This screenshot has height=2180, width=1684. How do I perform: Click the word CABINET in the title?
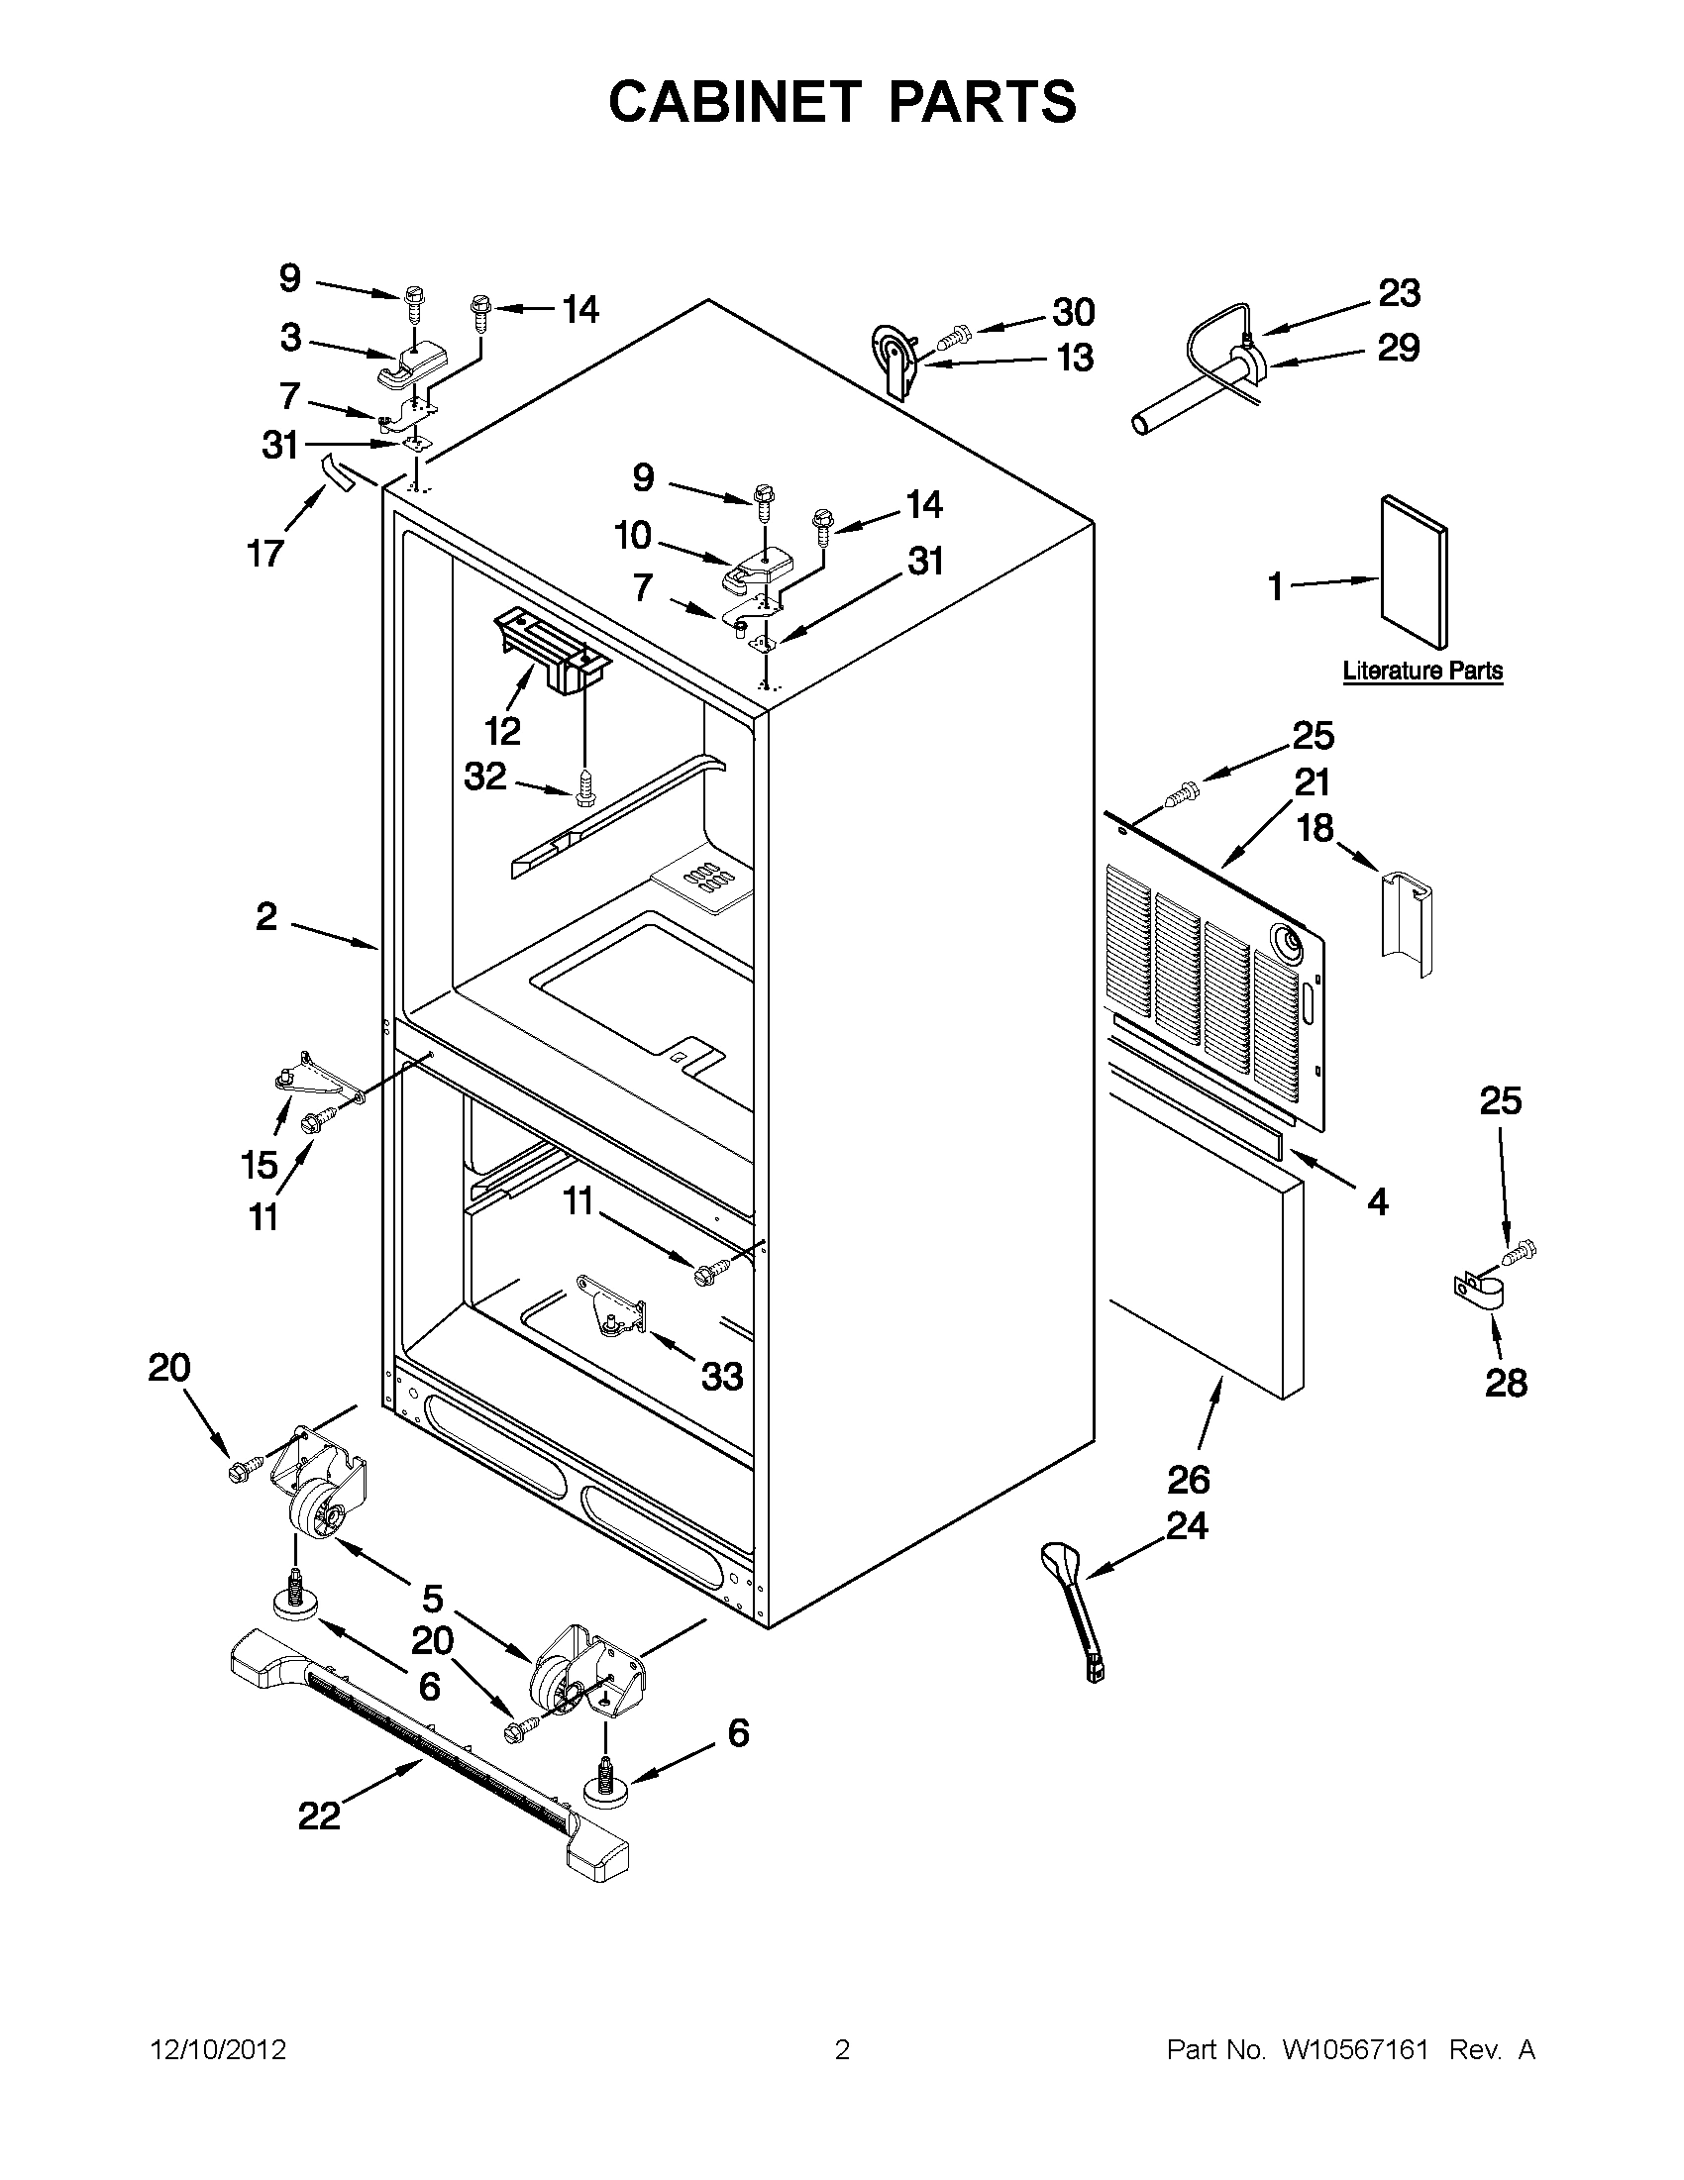click(x=734, y=103)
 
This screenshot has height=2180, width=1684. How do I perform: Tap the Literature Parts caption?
click(x=1421, y=672)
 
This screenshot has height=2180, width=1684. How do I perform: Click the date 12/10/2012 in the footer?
click(x=219, y=2050)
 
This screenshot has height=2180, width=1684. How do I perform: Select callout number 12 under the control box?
click(x=503, y=733)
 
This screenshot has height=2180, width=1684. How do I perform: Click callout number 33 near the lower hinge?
click(x=722, y=1378)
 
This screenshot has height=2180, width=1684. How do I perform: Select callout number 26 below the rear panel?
click(x=1189, y=1480)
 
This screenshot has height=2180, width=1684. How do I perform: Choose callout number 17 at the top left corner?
click(x=265, y=552)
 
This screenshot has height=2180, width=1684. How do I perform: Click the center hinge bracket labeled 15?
click(x=308, y=1080)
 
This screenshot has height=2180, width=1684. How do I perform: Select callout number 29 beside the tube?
click(x=1398, y=349)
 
